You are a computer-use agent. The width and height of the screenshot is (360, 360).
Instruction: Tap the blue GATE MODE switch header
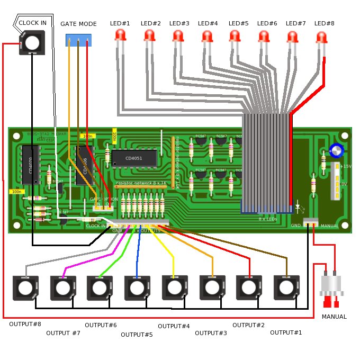pyautogui.click(x=78, y=40)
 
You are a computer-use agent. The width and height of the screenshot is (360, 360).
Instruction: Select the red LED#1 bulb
pyautogui.click(x=121, y=35)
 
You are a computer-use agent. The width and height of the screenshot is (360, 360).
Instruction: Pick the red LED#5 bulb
pyautogui.click(x=235, y=35)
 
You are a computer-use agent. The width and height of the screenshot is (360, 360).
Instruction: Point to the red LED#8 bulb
pyautogui.click(x=321, y=37)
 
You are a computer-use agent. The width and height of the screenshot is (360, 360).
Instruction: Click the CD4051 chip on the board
pyautogui.click(x=133, y=158)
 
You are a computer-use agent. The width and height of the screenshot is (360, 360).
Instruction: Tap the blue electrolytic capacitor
pyautogui.click(x=336, y=151)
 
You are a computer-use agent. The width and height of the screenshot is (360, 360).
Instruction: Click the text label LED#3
pyautogui.click(x=179, y=23)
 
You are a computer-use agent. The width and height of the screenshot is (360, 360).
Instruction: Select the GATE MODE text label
pyautogui.click(x=78, y=24)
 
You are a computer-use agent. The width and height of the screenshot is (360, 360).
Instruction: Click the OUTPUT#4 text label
pyautogui.click(x=174, y=326)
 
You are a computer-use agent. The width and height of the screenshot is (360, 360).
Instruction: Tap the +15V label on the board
pyautogui.click(x=345, y=166)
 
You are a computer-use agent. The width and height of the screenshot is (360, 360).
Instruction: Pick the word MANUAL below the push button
pyautogui.click(x=334, y=317)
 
